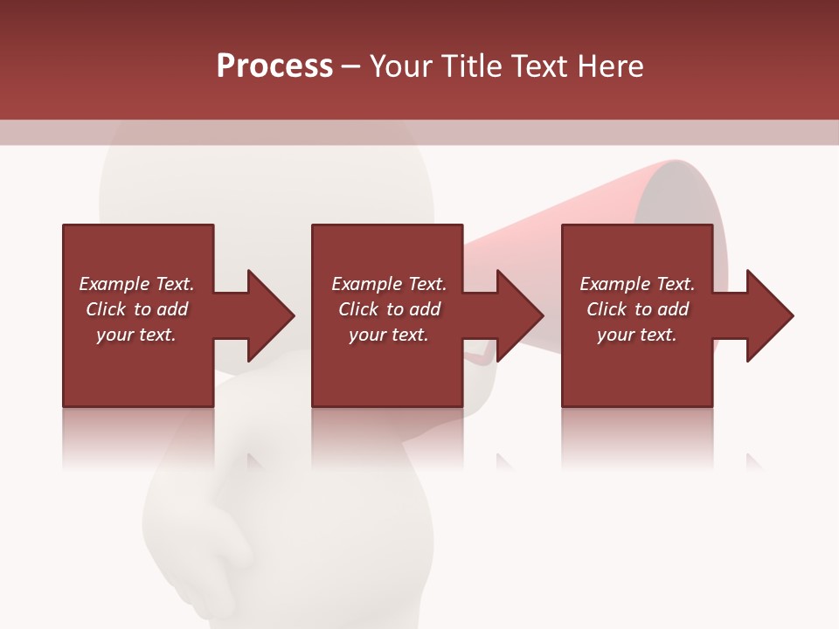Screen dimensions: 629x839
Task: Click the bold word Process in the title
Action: click(274, 66)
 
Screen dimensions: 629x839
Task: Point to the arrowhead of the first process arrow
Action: click(271, 315)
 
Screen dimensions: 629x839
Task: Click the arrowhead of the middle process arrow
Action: click(521, 315)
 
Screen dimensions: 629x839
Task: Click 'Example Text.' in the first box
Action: click(136, 283)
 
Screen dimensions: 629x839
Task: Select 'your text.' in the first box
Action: click(136, 335)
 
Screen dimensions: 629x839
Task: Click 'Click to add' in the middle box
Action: click(389, 309)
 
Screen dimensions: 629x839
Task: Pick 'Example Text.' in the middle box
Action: click(389, 283)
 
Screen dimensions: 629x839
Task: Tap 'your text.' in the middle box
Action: click(389, 335)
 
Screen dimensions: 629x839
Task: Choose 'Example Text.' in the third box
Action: click(637, 283)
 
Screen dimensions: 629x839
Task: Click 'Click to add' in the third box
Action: click(637, 309)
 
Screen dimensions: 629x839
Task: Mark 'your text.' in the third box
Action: click(637, 335)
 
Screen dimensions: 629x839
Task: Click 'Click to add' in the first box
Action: click(136, 309)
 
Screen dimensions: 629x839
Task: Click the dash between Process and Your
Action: click(351, 66)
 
